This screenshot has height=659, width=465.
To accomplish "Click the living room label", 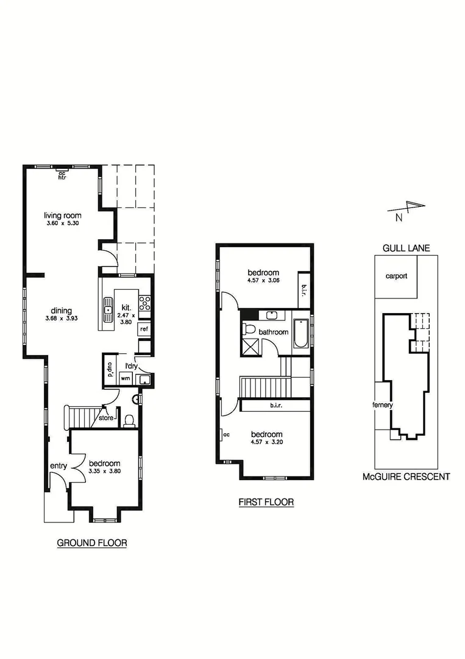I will (x=63, y=215).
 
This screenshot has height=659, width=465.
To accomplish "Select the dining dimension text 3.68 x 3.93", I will (x=63, y=319).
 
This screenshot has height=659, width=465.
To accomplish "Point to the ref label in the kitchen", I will (x=144, y=329).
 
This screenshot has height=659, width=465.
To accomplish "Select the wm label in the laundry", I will (x=126, y=379).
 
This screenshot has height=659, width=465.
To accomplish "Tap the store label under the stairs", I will (x=107, y=419).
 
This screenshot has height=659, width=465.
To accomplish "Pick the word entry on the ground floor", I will (x=58, y=466).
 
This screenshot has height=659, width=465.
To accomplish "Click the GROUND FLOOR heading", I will (x=92, y=542).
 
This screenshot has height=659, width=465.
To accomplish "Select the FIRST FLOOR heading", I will (x=266, y=502).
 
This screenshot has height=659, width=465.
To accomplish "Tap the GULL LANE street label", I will (x=406, y=248).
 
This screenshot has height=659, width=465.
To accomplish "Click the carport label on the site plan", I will (x=396, y=276).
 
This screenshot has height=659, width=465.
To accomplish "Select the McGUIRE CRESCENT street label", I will (x=406, y=477).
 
